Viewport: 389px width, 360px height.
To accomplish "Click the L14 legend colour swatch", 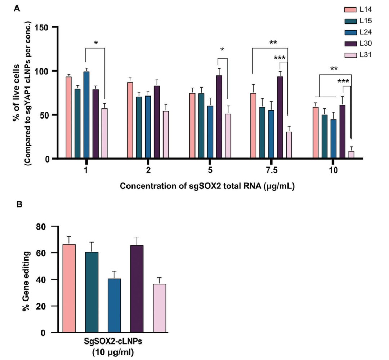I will tap(350, 9).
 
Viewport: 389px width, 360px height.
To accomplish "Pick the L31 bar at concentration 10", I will tap(351, 155).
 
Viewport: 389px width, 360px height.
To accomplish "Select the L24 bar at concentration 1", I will tap(86, 115).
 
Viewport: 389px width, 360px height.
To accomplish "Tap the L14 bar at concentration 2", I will tap(130, 120).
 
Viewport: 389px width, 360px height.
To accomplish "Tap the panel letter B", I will tap(19, 204).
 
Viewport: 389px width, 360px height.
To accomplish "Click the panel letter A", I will tap(16, 8).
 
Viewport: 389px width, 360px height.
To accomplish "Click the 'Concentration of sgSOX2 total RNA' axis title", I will tap(207, 187).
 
